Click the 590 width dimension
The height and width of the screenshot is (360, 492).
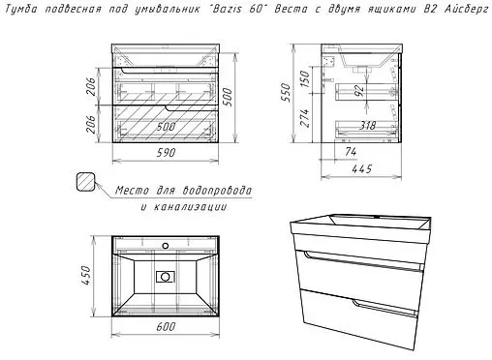pyautogui.click(x=166, y=152)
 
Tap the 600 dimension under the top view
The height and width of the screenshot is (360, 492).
pyautogui.click(x=166, y=326)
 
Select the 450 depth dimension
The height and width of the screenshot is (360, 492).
pyautogui.click(x=86, y=275)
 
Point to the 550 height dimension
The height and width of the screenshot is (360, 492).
pyautogui.click(x=286, y=92)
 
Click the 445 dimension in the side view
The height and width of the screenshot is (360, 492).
pyautogui.click(x=362, y=168)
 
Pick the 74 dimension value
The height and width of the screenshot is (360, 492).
pyautogui.click(x=351, y=151)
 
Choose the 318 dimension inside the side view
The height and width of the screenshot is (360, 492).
pyautogui.click(x=367, y=125)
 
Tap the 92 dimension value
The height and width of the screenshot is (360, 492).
pyautogui.click(x=359, y=90)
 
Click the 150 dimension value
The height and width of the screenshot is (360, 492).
pyautogui.click(x=305, y=78)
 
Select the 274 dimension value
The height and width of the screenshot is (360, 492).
pyautogui.click(x=305, y=118)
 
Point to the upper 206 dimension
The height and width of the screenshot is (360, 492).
pyautogui.click(x=92, y=86)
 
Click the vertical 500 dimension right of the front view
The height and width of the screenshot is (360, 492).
pyautogui.click(x=228, y=97)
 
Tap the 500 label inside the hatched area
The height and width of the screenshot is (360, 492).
pyautogui.click(x=166, y=127)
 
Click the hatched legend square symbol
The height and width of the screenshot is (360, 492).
pyautogui.click(x=86, y=182)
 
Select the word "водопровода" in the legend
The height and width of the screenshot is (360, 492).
pyautogui.click(x=217, y=191)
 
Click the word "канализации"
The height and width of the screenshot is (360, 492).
pyautogui.click(x=190, y=207)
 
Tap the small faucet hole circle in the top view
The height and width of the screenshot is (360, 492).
pyautogui.click(x=166, y=246)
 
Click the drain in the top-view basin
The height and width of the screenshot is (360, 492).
pyautogui.click(x=166, y=277)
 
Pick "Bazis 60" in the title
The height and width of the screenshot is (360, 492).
pyautogui.click(x=236, y=9)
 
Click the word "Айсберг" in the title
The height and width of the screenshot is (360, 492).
pyautogui.click(x=466, y=9)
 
